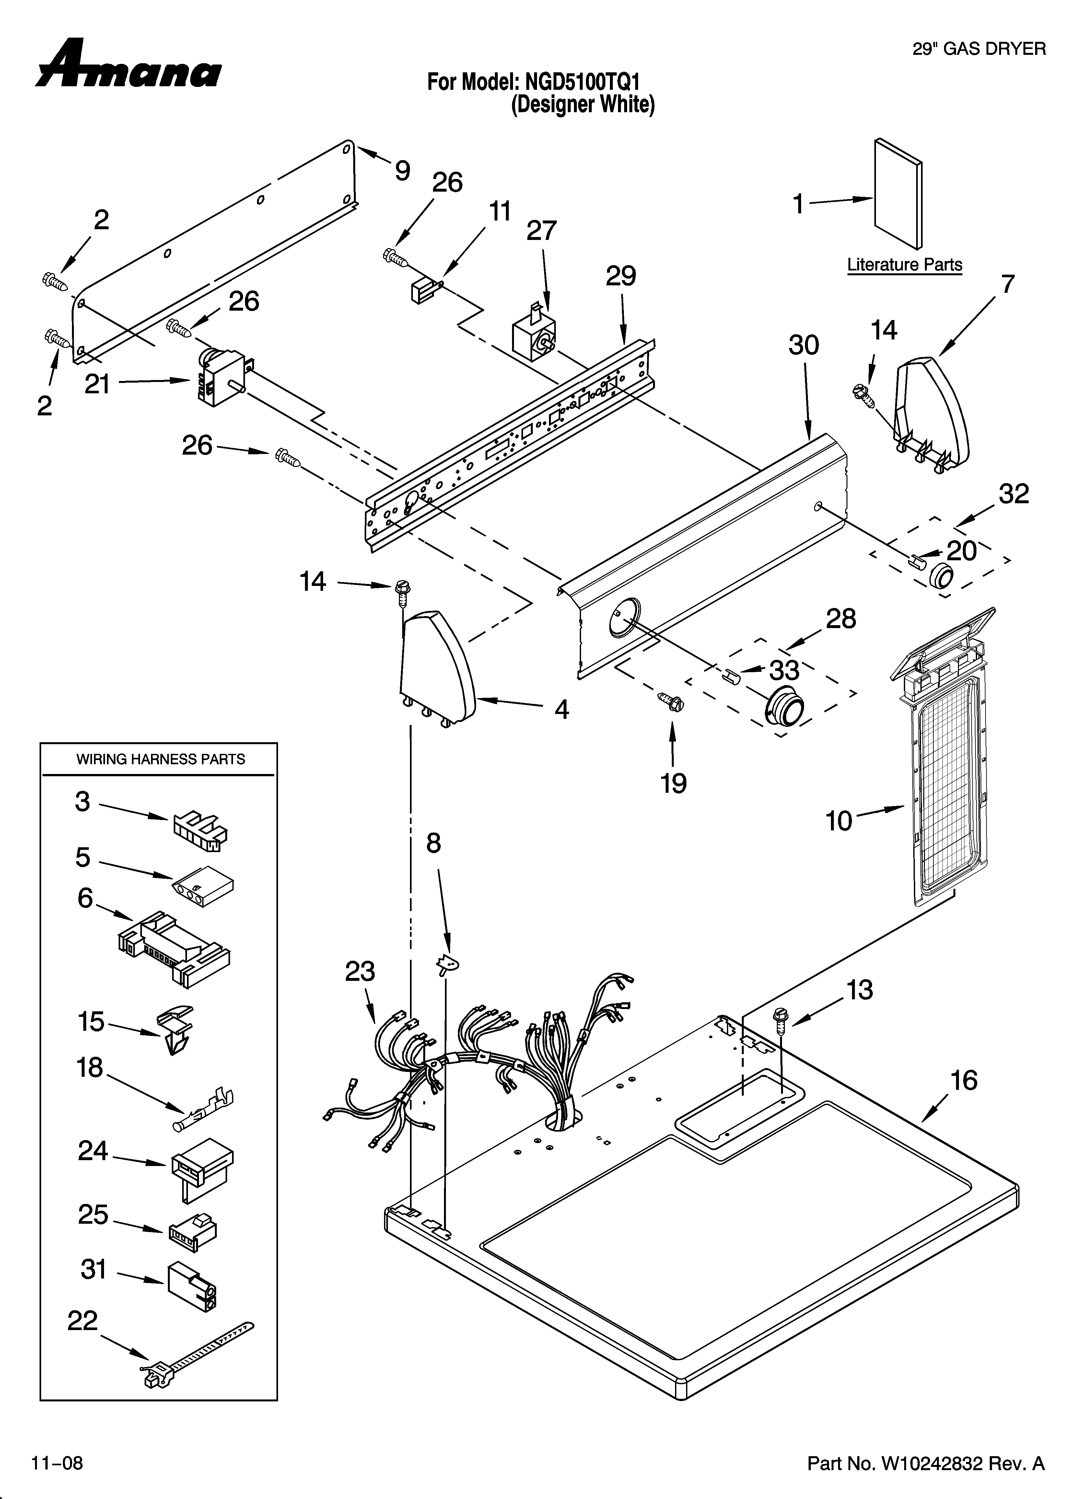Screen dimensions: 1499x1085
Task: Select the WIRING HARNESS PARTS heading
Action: click(160, 759)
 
